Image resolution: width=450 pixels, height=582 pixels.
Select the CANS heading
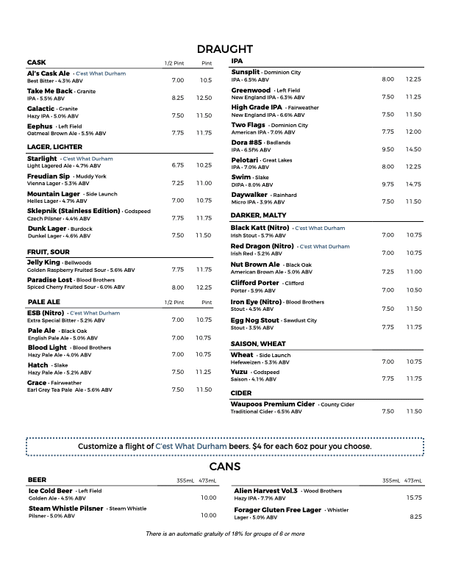click(x=225, y=467)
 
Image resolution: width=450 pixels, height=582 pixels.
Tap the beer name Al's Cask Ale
click(x=49, y=73)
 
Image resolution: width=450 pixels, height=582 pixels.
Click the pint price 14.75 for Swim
click(x=413, y=184)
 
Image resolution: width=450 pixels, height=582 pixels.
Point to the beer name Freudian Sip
click(x=49, y=176)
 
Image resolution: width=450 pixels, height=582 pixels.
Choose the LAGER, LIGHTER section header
click(x=54, y=146)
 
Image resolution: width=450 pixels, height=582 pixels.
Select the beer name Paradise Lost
click(x=49, y=280)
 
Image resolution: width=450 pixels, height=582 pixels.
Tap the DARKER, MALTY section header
click(x=258, y=215)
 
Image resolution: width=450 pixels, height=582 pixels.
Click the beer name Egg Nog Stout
click(x=255, y=320)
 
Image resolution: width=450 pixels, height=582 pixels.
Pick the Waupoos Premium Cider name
click(x=273, y=404)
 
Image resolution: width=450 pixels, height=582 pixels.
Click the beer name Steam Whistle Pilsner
click(x=66, y=508)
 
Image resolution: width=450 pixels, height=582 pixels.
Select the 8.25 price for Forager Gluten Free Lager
click(x=415, y=517)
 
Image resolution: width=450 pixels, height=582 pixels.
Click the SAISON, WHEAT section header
click(x=258, y=343)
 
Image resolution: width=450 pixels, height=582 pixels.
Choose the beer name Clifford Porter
click(x=255, y=283)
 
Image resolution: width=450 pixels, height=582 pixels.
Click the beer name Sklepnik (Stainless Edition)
click(x=74, y=211)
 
